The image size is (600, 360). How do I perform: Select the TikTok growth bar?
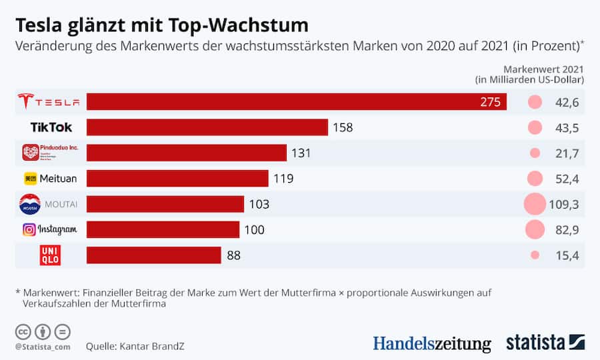click(207, 127)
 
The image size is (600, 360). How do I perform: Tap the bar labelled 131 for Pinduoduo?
click(187, 153)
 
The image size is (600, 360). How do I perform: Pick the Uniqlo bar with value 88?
click(154, 255)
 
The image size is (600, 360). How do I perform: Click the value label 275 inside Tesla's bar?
click(490, 102)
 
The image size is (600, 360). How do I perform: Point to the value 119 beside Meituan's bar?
click(283, 179)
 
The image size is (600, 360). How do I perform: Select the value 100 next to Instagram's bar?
click(254, 230)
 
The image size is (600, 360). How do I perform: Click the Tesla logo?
click(49, 102)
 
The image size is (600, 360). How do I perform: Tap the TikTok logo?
click(51, 127)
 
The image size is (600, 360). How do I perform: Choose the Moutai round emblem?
click(30, 204)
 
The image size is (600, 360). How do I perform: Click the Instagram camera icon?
click(29, 230)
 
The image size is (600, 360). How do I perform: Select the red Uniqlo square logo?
click(51, 255)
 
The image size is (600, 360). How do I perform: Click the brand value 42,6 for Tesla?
click(565, 102)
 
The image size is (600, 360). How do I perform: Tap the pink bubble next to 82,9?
click(535, 230)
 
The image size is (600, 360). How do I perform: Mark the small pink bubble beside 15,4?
click(535, 255)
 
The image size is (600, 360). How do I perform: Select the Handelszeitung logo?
click(431, 343)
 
